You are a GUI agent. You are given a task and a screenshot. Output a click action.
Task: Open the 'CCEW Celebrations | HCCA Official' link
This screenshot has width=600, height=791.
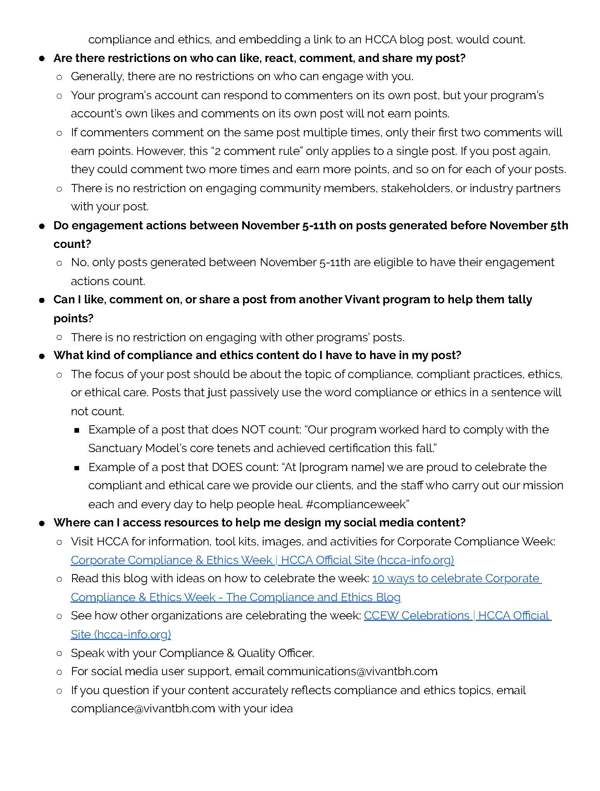[x=457, y=616]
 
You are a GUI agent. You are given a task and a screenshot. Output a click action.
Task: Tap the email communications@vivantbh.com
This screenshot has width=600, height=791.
[x=352, y=671]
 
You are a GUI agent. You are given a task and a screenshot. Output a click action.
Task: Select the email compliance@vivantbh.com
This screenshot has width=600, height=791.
[x=143, y=708]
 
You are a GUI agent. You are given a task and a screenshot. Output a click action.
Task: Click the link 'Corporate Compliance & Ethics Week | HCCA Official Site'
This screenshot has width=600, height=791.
[x=262, y=560]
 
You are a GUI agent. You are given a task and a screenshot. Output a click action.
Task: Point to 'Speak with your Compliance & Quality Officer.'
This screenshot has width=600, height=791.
[x=192, y=653]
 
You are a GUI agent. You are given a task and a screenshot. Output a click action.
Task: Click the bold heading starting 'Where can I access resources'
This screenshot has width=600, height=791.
[x=259, y=523]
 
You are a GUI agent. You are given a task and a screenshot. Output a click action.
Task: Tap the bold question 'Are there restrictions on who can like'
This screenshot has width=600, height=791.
[x=259, y=58]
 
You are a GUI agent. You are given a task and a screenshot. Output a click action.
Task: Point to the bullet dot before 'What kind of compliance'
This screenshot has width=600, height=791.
[x=42, y=356]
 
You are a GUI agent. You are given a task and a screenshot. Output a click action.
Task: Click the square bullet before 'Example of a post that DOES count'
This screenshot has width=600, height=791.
[x=76, y=468]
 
